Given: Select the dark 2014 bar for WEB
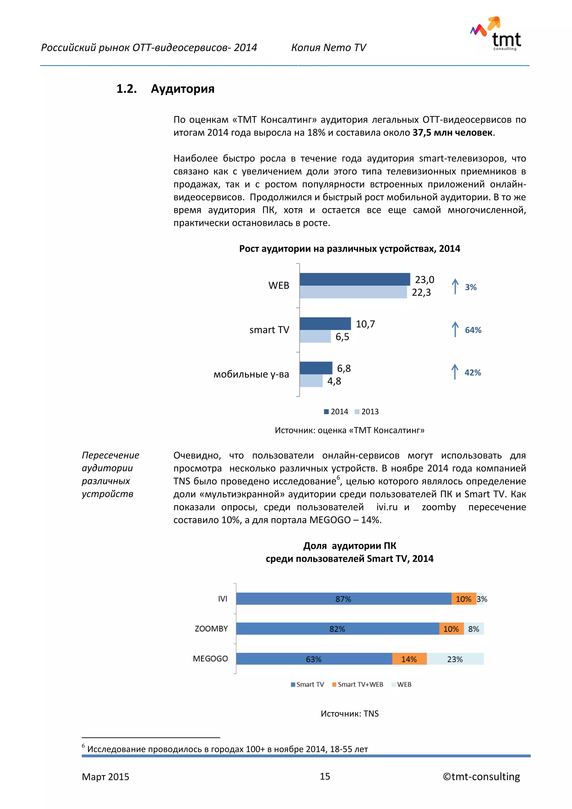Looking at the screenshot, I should click(354, 279).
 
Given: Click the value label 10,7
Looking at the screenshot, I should click(365, 324).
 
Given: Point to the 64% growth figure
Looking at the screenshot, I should click(473, 330).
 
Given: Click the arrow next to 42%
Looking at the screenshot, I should click(455, 372).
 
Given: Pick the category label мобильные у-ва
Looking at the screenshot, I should click(251, 374).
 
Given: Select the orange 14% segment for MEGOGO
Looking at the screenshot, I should click(409, 659).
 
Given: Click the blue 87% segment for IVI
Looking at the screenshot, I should click(344, 599).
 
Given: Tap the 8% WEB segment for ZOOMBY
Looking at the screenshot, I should click(473, 629).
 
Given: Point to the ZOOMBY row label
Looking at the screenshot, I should click(211, 629).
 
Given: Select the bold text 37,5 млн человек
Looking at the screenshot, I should click(452, 133).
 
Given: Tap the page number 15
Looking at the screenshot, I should click(325, 776).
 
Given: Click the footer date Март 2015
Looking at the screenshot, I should click(105, 777).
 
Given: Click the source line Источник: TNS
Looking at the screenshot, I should click(349, 713).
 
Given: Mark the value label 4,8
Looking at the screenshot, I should click(334, 381).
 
